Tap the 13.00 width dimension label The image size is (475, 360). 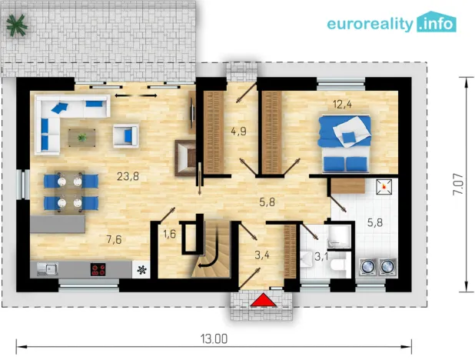tap(214, 338)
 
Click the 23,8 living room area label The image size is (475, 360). tap(128, 175)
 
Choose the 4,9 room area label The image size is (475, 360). tap(239, 132)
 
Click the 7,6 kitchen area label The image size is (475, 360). tap(114, 238)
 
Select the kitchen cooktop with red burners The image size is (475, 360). tap(98, 269)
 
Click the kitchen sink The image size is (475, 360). tap(48, 269)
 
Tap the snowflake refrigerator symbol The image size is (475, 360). tap(141, 269)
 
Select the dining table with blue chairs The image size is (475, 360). tap(71, 192)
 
